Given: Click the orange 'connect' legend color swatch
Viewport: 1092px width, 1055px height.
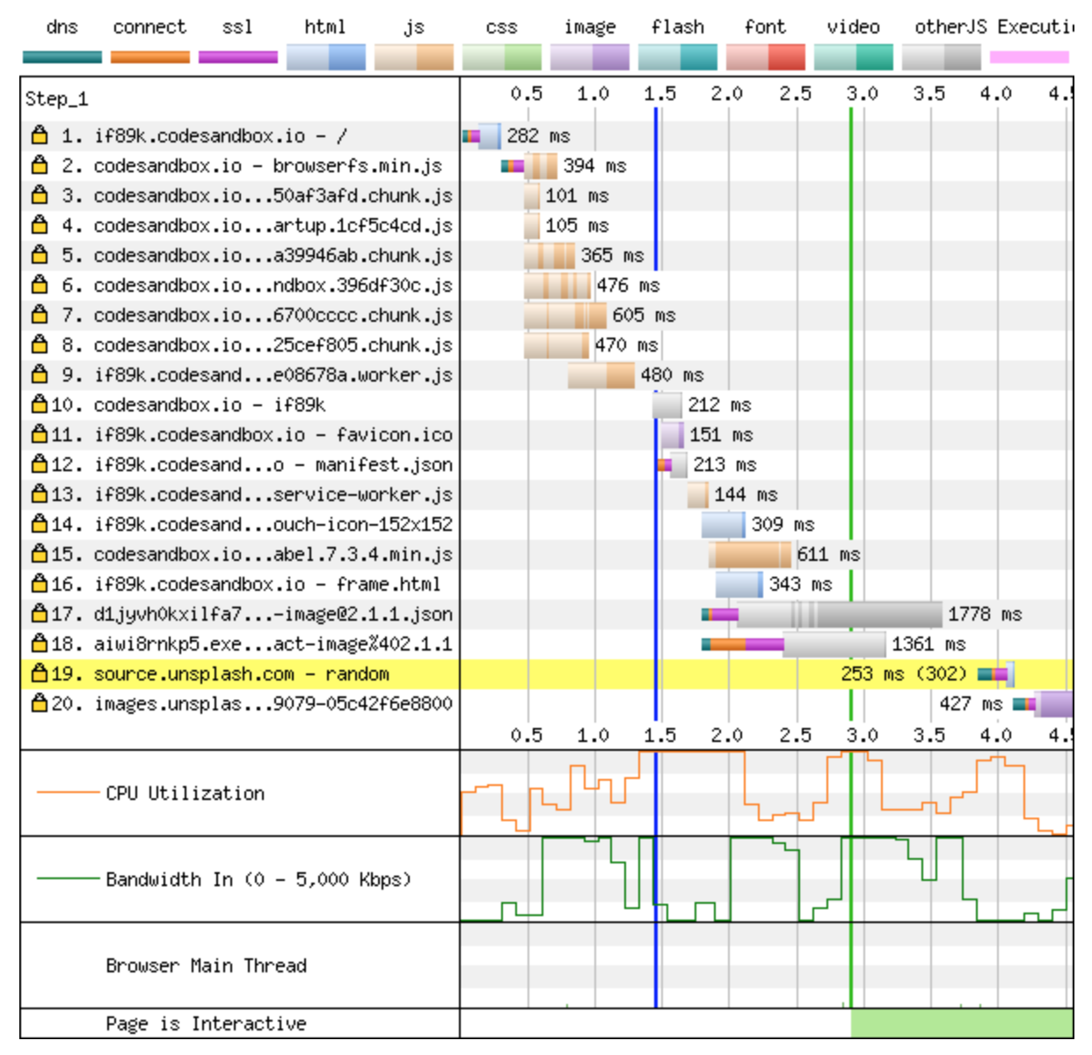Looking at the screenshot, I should click(x=149, y=57).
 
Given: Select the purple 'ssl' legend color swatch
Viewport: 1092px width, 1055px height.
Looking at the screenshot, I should click(x=237, y=57).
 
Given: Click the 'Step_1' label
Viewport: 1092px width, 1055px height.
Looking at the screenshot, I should click(x=57, y=98).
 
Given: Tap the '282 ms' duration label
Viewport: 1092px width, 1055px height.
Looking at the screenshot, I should click(x=538, y=136).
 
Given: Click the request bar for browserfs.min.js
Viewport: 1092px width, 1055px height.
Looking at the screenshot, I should click(x=539, y=166).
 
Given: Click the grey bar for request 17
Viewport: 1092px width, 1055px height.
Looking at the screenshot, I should click(x=840, y=615).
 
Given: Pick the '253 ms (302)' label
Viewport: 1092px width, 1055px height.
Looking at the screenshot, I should click(x=903, y=674).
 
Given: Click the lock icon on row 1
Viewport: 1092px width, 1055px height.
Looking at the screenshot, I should click(x=39, y=135).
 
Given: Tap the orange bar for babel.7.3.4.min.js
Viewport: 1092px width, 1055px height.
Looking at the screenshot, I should click(x=751, y=555).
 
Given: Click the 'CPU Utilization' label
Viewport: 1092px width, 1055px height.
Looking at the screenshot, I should click(x=185, y=793).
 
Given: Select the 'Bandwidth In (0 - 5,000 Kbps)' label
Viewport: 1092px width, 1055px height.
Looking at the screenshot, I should click(x=258, y=879).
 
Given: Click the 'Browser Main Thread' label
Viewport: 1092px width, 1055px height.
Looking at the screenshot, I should click(x=206, y=965).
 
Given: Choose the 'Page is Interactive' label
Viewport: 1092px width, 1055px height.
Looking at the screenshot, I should click(x=206, y=1023).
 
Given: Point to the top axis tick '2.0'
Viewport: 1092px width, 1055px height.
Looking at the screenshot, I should click(x=727, y=94).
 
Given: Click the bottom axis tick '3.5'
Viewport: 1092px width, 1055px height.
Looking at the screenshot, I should click(x=928, y=735).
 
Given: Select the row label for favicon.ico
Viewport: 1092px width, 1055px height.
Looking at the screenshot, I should click(x=273, y=435).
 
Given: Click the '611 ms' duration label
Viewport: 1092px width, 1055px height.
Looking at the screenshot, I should click(x=828, y=555).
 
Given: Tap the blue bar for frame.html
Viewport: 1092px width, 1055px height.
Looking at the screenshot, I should click(x=739, y=585).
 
